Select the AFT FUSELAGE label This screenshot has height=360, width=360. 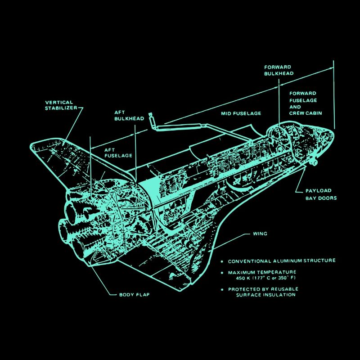(118, 153)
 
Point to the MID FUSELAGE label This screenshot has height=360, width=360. (241, 113)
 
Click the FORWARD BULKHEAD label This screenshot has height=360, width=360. (279, 70)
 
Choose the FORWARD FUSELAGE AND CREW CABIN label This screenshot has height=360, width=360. (305, 103)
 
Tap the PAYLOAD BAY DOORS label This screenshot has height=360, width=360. (321, 194)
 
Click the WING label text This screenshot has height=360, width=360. (260, 234)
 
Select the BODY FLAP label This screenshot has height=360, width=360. (134, 295)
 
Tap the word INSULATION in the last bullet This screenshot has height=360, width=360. (280, 295)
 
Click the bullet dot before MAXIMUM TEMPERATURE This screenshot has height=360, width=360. (221, 273)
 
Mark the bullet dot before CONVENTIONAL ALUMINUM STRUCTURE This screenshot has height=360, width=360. (221, 261)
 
